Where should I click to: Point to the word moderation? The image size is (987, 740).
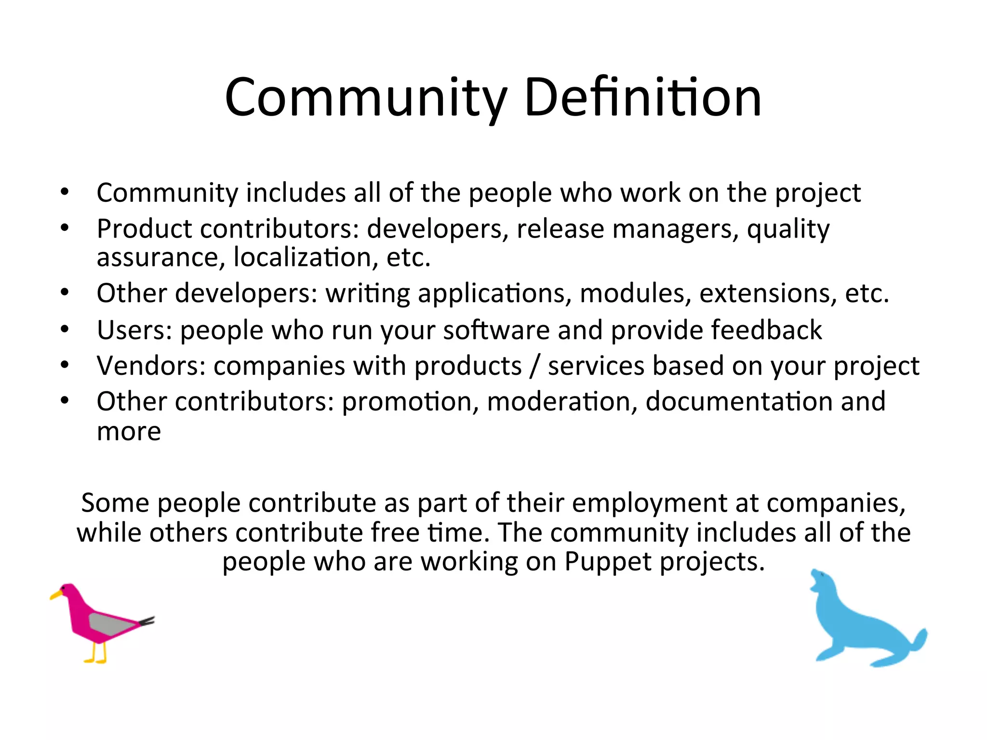tap(562, 401)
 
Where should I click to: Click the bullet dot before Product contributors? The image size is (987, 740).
tap(65, 227)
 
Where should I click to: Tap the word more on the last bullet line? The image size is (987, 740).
tap(129, 431)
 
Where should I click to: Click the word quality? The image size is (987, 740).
tap(788, 229)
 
